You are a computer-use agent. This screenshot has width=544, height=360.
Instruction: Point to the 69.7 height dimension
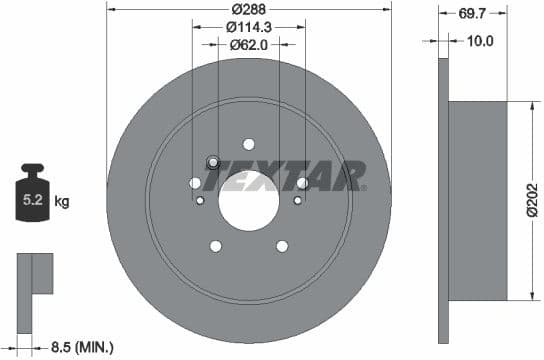coord(473,14)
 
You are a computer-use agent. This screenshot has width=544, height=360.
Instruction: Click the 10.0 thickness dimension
coord(482,41)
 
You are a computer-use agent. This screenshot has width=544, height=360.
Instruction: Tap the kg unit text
coord(62,202)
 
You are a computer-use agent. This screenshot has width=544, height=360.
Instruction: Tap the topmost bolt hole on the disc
coord(249,144)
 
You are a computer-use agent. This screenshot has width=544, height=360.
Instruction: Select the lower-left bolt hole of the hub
coord(215,246)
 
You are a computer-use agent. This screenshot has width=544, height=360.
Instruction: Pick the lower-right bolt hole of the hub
coord(282,246)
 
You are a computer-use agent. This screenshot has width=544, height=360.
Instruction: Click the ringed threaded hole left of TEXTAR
coord(212,163)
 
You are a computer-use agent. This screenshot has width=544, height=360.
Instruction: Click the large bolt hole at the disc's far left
coord(195,183)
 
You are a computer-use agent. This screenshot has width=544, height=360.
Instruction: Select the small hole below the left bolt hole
coord(200,201)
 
